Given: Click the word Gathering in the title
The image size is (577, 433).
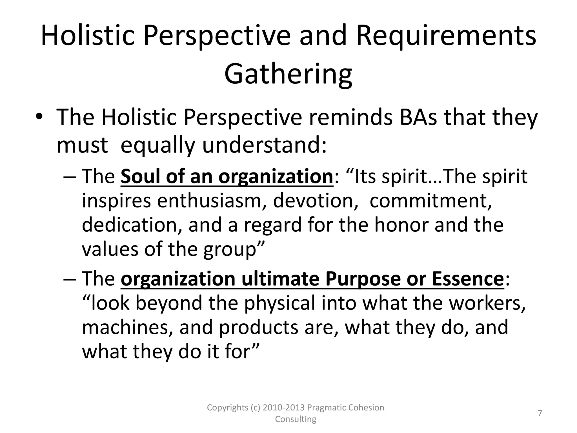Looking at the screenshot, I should click(x=288, y=74).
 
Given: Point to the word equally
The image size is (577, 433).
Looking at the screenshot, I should click(x=157, y=145).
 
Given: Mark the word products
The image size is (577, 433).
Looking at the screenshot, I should click(x=258, y=328).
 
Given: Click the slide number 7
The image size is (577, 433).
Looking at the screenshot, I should click(x=540, y=413).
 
